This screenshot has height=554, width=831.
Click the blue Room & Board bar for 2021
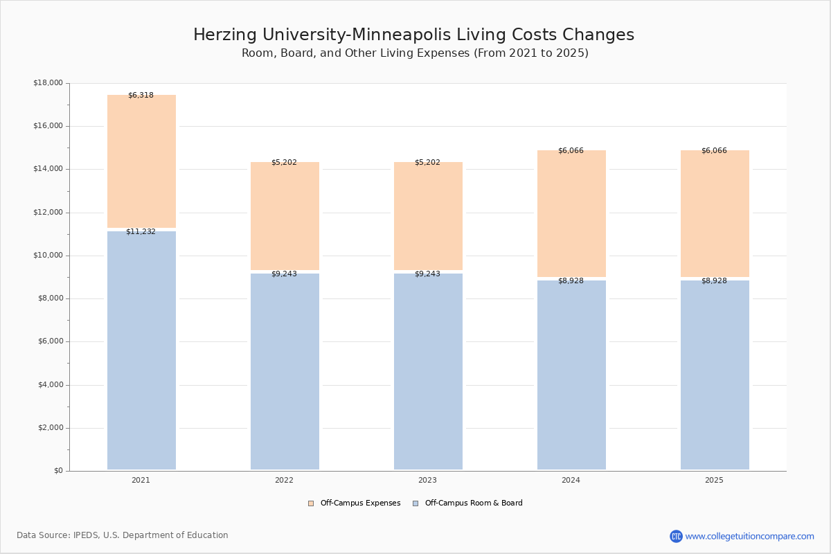pos(141,350)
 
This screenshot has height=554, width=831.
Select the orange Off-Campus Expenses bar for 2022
pos(285,216)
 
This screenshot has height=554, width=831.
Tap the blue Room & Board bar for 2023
pos(428,371)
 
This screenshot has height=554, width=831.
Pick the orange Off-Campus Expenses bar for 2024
pos(571,213)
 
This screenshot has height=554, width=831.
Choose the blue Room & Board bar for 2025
pos(715,375)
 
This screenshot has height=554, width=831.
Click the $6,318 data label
pos(141,96)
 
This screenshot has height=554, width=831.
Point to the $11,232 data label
pos(141,232)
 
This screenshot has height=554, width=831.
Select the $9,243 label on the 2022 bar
pos(284,274)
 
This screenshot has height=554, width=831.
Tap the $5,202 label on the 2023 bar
pos(427,163)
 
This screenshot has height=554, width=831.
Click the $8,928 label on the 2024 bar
pos(571,281)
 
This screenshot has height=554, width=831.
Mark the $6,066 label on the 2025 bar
pos(714,151)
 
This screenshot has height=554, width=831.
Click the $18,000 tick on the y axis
pos(48,83)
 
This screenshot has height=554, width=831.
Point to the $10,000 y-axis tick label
pos(48,256)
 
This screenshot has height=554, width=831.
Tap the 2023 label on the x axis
pos(427,481)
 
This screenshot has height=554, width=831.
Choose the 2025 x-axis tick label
pos(714,481)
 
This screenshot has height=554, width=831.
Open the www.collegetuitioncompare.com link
pos(749,536)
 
